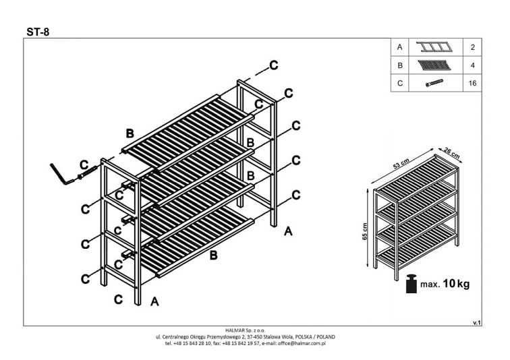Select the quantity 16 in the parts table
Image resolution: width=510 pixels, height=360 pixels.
pos(472,84)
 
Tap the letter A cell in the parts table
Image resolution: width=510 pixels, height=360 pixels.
pos(400,47)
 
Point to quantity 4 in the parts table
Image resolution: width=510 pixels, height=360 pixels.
pos(472,65)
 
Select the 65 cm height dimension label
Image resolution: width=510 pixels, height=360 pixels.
pos(365,231)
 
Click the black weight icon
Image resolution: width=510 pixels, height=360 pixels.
pos(410,284)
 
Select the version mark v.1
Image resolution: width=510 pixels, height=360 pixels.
pos(477,323)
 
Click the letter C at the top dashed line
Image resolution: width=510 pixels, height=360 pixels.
pos(274,65)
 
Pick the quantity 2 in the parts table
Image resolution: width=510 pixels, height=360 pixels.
pos(472,47)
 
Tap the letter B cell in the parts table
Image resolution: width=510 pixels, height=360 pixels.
pos(400,65)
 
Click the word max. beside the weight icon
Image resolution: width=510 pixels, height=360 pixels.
pos(430,284)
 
